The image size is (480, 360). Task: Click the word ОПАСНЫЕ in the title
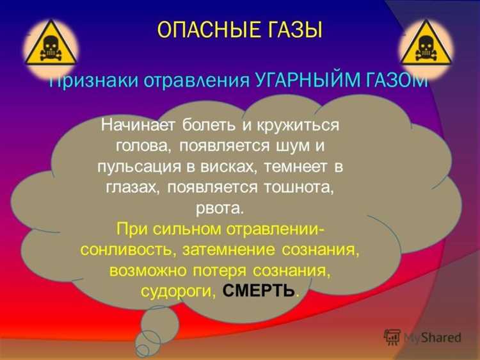point(200,29)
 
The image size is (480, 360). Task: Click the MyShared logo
point(422,337)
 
